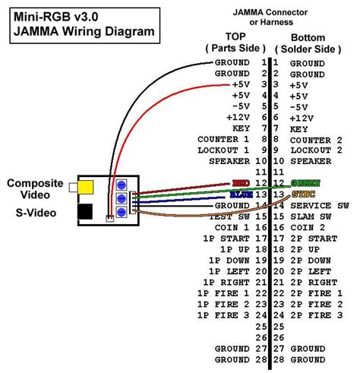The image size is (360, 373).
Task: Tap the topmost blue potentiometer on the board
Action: coord(121,182)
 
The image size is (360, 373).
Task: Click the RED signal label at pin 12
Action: coord(239,183)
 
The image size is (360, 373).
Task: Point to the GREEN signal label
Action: coord(305,183)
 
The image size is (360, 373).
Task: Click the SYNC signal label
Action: coord(303,194)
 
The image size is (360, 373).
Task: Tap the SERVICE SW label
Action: coord(318,205)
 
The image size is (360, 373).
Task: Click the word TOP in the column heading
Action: coord(235,36)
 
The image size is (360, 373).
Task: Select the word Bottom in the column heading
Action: coord(308,36)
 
